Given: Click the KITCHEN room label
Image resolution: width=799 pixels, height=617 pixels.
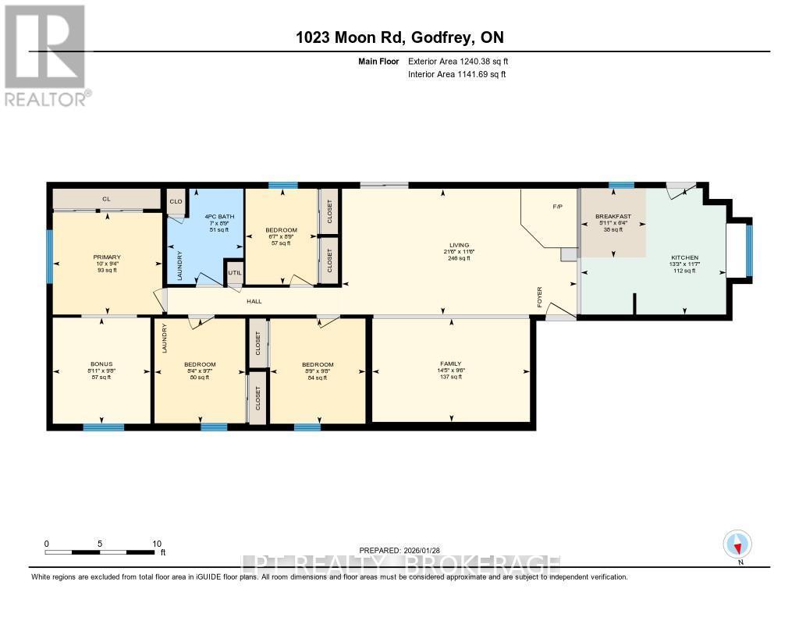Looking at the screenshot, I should coord(684,257).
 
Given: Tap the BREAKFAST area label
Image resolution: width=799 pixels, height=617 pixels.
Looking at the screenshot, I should coord(613,216).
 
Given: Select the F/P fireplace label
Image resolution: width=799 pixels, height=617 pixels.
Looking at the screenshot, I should coord(557,207).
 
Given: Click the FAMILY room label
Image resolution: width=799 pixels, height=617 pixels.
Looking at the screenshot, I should coord(450,363).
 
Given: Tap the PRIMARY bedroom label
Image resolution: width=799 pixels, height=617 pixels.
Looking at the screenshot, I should coord(106,257).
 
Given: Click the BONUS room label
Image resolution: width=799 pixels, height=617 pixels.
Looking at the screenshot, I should coord(101,364).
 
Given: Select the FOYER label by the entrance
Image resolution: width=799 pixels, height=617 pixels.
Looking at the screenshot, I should coord(539,296).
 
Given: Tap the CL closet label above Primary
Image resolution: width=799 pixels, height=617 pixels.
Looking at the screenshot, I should coord(106,199).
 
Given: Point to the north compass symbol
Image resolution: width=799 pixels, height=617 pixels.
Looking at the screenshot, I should coord(737,544).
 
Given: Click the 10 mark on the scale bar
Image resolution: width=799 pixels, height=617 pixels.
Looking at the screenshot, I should coord(156,544).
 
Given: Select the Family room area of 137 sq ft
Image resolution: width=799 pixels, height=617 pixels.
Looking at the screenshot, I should coord(450,377).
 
